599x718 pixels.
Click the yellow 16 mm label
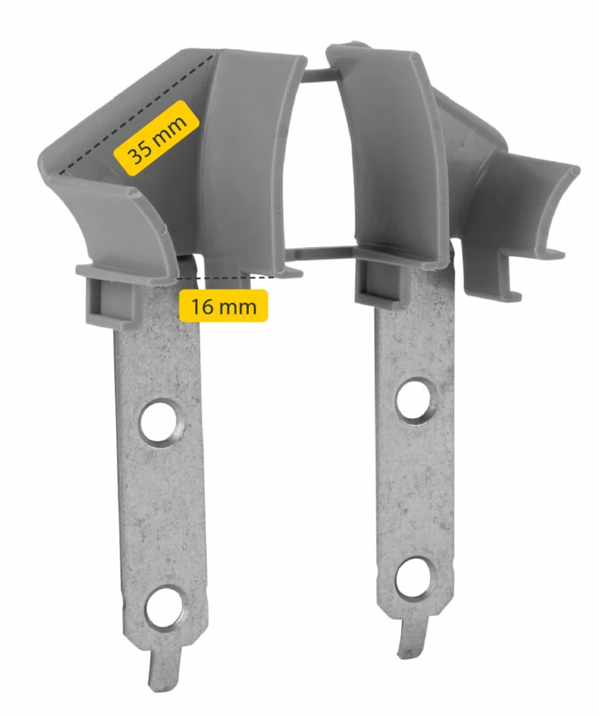tap(223, 306)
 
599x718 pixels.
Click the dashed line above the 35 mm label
tap(136, 115)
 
